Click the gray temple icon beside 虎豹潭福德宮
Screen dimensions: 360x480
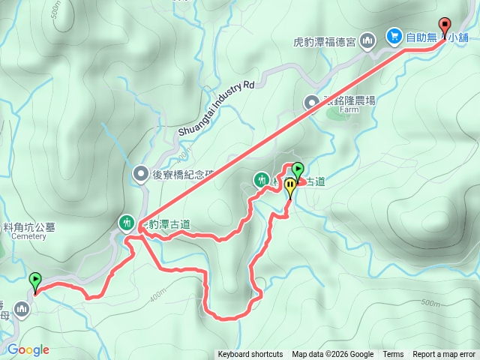[x=367, y=40]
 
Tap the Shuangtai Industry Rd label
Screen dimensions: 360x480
[x=217, y=108]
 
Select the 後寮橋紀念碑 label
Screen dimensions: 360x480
[x=183, y=175]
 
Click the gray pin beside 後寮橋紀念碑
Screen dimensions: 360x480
[x=140, y=175]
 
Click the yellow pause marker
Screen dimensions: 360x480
[x=289, y=187]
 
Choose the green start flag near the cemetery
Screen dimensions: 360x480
[x=34, y=282]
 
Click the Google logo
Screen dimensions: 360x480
[x=28, y=349]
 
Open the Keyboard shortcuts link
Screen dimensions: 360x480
[x=250, y=355]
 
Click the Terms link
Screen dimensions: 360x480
[x=393, y=355]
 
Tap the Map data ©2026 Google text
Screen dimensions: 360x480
[x=332, y=355]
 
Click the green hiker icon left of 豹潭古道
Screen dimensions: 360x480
[x=127, y=222]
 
